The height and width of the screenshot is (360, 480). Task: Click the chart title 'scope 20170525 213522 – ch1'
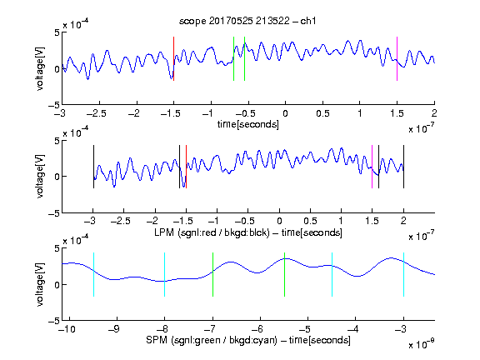click(x=247, y=21)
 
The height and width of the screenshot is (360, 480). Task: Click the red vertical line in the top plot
click(x=174, y=59)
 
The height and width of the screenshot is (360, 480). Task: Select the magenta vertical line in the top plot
click(x=397, y=59)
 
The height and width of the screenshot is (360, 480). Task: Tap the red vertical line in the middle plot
click(x=186, y=167)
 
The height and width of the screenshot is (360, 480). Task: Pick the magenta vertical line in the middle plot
click(x=372, y=167)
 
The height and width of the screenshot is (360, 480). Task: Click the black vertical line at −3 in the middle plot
click(x=93, y=167)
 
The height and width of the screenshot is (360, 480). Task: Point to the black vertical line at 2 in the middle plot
click(x=403, y=167)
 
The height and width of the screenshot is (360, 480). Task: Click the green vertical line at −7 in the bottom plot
click(x=212, y=275)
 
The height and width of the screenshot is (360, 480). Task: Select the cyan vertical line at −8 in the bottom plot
click(x=164, y=275)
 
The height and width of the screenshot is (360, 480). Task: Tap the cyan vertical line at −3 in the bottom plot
click(x=403, y=275)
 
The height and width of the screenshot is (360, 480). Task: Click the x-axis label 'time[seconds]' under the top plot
click(x=248, y=124)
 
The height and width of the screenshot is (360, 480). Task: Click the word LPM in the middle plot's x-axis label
click(x=164, y=232)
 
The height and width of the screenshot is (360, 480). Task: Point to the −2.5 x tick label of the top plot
click(x=96, y=113)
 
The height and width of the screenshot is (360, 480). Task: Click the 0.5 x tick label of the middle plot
click(x=310, y=222)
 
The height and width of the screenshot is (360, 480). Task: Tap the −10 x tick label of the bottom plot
click(x=68, y=329)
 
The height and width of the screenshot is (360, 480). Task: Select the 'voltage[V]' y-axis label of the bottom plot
click(x=40, y=284)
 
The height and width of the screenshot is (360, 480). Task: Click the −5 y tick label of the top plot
click(x=54, y=105)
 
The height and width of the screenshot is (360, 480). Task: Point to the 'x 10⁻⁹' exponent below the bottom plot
click(x=422, y=344)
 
